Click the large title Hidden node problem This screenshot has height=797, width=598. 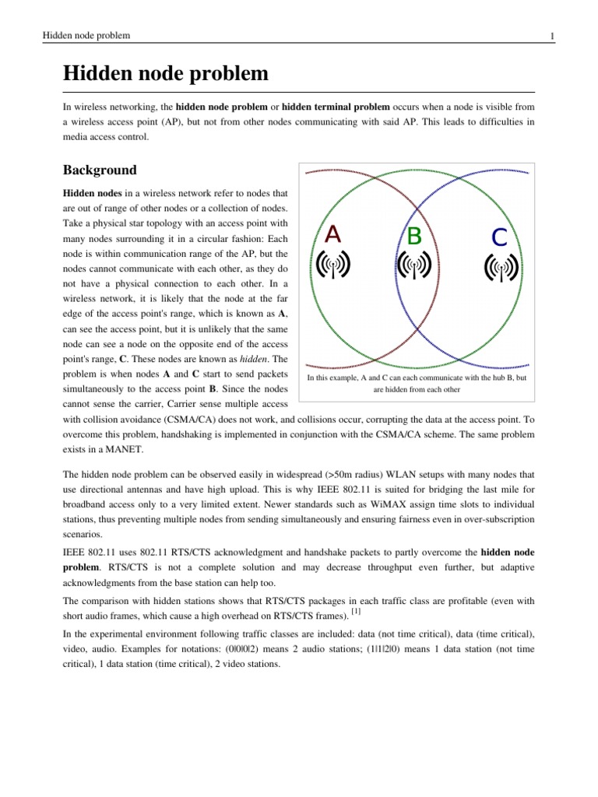165,75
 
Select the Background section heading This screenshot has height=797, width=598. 100,170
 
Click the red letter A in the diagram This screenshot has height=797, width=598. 332,233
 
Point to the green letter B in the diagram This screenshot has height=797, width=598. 415,236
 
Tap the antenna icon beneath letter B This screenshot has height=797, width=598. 415,267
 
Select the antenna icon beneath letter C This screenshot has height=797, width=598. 501,269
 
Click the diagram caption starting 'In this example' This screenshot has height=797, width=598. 417,384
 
